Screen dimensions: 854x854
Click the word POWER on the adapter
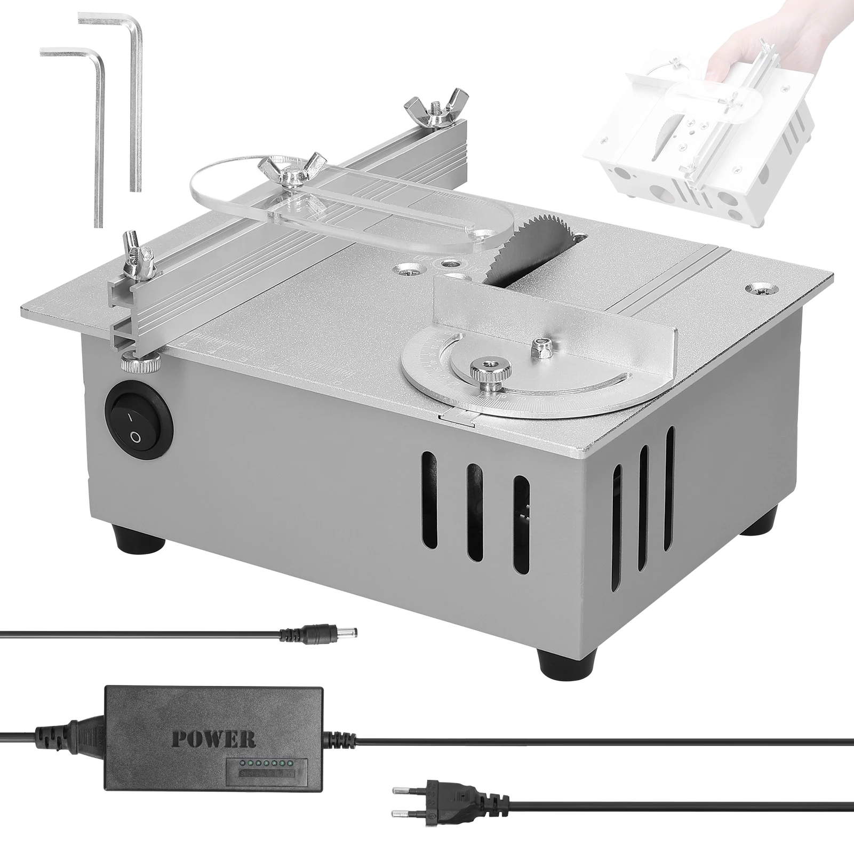213,739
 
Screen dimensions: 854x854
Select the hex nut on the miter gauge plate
542,345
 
